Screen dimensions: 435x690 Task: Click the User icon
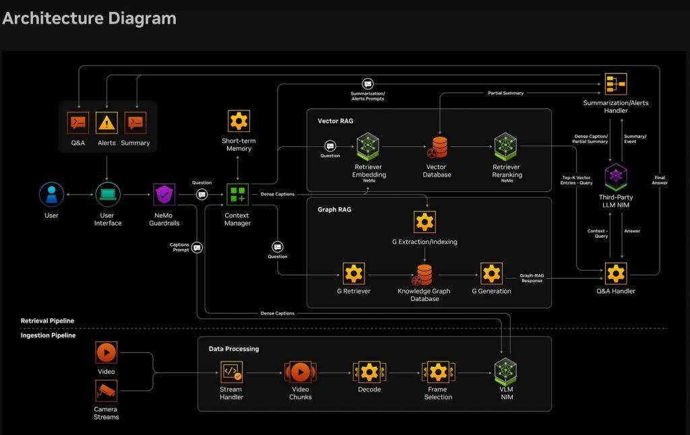(x=52, y=195)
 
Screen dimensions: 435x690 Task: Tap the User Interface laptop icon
(x=108, y=195)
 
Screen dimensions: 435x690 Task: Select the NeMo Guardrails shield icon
(x=165, y=195)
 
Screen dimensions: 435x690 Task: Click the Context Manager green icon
(x=237, y=195)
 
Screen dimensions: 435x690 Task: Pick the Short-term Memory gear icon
(x=239, y=121)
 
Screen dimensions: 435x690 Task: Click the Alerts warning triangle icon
(x=106, y=123)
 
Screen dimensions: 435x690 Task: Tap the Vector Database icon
(x=440, y=146)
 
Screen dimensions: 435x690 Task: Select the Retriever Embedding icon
(x=368, y=146)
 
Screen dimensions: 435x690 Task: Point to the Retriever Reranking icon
(x=505, y=146)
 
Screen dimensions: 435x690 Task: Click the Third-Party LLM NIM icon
(x=615, y=176)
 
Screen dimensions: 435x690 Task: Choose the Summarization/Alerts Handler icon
(x=615, y=83)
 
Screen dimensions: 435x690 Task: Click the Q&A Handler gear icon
(x=615, y=273)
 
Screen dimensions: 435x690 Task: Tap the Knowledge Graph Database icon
(x=424, y=274)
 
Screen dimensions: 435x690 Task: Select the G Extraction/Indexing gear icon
(x=425, y=222)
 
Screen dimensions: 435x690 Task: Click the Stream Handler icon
(x=231, y=372)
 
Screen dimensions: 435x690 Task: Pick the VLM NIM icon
(x=505, y=372)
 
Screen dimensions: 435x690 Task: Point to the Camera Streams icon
(x=106, y=391)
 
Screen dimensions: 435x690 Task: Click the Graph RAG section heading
(x=334, y=209)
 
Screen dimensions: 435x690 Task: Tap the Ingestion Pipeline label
(x=48, y=335)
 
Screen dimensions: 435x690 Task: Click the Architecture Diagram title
(x=89, y=18)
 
